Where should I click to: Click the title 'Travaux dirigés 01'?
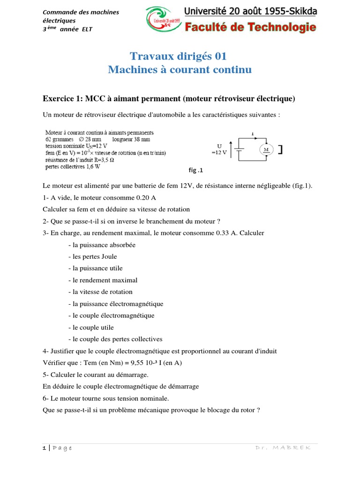pyautogui.click(x=178, y=57)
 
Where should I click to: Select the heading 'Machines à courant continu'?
pyautogui.click(x=180, y=70)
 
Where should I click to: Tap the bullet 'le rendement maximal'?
pyautogui.click(x=103, y=280)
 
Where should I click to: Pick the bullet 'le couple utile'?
pyautogui.click(x=91, y=327)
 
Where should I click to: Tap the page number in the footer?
pyautogui.click(x=44, y=448)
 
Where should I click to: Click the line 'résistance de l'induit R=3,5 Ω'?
pyautogui.click(x=79, y=159)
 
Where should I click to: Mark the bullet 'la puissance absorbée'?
pyautogui.click(x=102, y=245)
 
